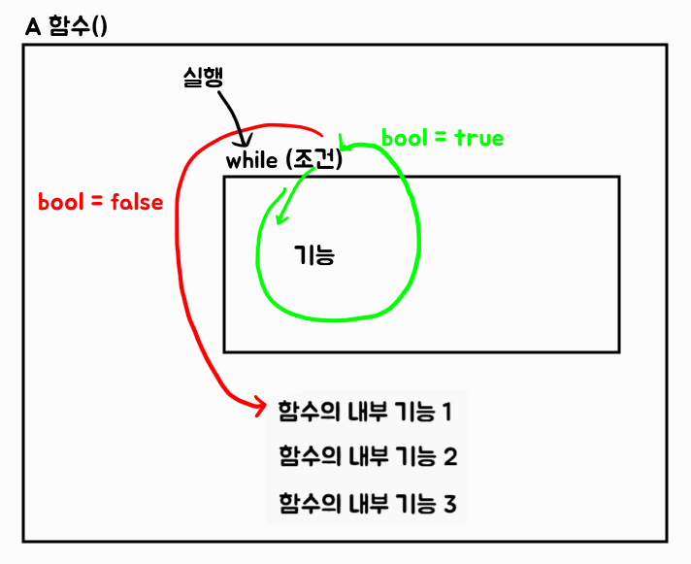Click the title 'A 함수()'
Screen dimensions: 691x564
click(x=66, y=26)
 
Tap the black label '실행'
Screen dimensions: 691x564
click(x=202, y=78)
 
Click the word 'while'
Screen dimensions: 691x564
click(x=251, y=161)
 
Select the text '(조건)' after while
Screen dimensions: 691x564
click(x=314, y=161)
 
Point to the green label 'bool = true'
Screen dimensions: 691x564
click(x=443, y=138)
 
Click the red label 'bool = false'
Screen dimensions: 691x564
click(x=100, y=203)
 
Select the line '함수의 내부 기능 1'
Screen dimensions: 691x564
click(x=365, y=411)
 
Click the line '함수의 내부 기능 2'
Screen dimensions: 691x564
click(x=367, y=456)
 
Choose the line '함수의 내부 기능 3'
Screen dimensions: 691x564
click(x=367, y=504)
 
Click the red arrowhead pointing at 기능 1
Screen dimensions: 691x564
click(x=260, y=406)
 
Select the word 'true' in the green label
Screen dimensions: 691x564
click(x=478, y=138)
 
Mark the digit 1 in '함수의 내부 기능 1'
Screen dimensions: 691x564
click(x=446, y=411)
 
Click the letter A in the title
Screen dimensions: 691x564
click(x=32, y=26)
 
